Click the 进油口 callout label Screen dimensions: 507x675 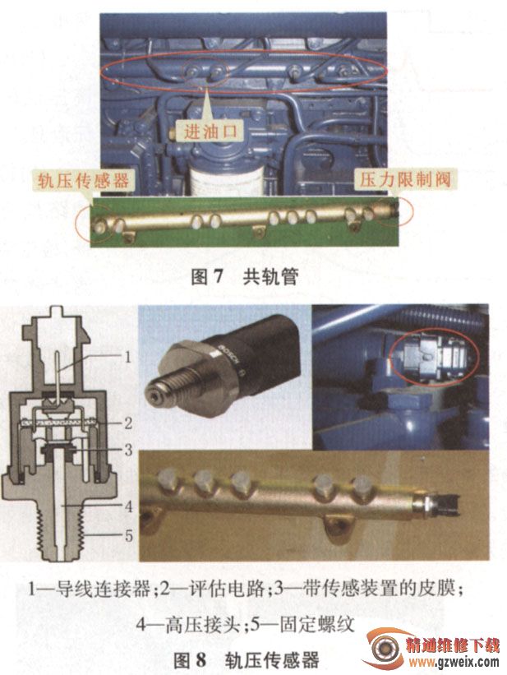coord(210,132)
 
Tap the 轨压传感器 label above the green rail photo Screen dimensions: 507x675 coord(83,180)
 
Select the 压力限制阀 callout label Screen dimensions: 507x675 coord(405,179)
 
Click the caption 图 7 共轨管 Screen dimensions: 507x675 coord(245,276)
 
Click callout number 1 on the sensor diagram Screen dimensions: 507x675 coord(127,357)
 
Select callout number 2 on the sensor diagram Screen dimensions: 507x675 coord(128,423)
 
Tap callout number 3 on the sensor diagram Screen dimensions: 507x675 coord(128,451)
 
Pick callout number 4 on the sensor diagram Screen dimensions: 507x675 coord(128,506)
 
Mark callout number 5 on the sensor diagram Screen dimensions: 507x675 coord(128,536)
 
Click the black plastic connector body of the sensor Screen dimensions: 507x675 coord(258,349)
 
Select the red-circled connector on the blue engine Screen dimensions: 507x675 coord(435,355)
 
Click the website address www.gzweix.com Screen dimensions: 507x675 coord(454,662)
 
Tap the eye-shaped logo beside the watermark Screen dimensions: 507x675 coord(382,648)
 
